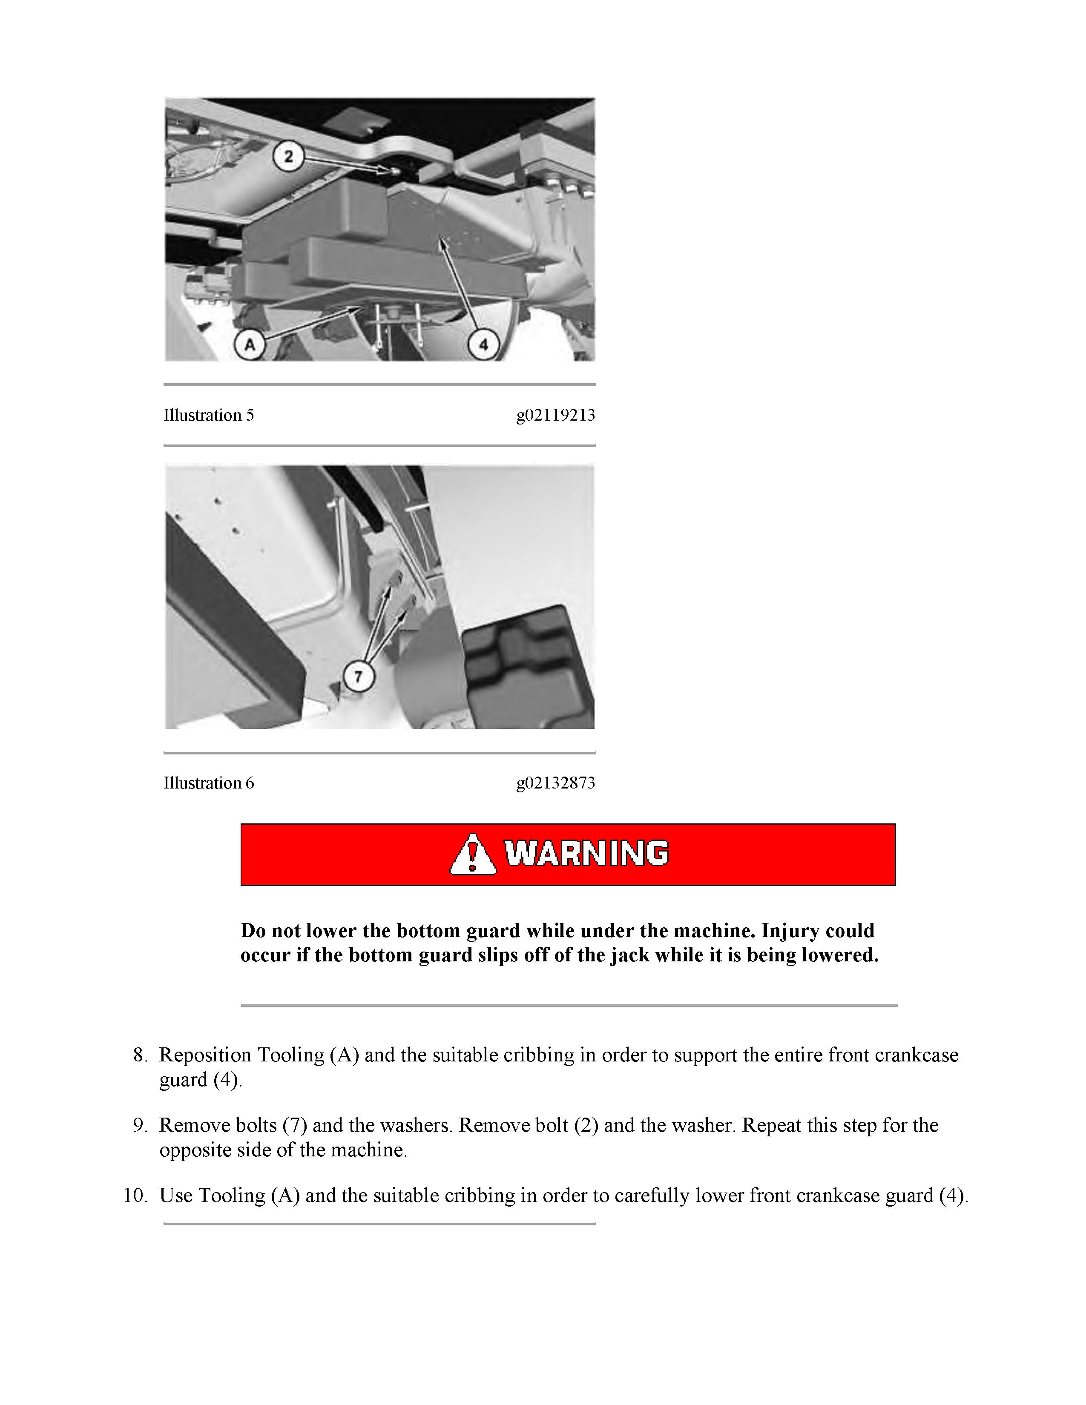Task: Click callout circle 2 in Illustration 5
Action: click(288, 156)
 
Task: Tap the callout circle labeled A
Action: click(250, 345)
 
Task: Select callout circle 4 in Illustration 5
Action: click(483, 345)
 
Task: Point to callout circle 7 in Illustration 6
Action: click(358, 676)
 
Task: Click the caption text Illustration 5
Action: click(208, 415)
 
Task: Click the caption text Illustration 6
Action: click(208, 783)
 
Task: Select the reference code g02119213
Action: click(555, 415)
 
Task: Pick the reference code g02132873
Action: click(555, 783)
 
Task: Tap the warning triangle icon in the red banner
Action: click(472, 854)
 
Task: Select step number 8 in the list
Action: click(140, 1055)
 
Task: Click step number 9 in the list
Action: click(140, 1125)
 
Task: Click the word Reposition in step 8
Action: click(205, 1055)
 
